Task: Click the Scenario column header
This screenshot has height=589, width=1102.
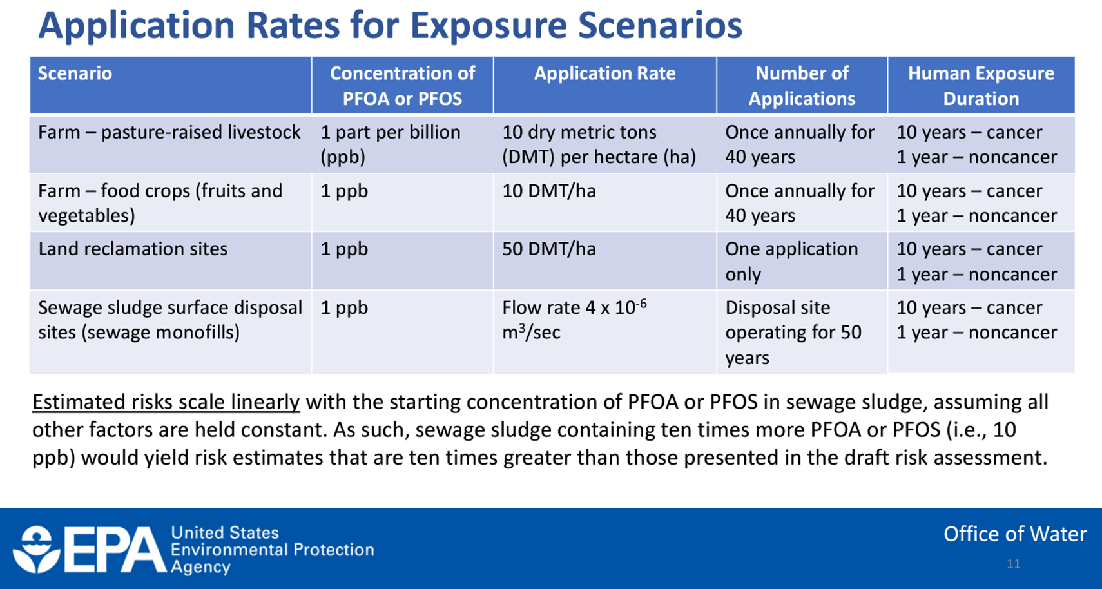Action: click(75, 73)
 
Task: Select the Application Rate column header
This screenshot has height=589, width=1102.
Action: click(604, 73)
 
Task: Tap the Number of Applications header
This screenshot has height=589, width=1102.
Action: click(802, 86)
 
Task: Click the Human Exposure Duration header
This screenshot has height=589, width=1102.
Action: click(981, 86)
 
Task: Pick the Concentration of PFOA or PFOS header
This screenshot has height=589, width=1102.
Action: click(402, 86)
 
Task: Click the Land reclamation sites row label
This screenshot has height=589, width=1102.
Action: click(133, 249)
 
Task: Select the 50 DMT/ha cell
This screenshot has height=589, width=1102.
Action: click(548, 249)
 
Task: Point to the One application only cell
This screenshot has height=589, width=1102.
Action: click(791, 261)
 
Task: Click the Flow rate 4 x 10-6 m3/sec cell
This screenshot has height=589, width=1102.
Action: click(574, 320)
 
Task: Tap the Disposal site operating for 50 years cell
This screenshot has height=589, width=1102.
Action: click(793, 333)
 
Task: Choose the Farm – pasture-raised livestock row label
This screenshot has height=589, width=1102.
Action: click(169, 132)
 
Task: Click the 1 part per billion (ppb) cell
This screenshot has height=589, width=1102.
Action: click(390, 144)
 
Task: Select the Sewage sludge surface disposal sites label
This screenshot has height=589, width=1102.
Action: click(169, 320)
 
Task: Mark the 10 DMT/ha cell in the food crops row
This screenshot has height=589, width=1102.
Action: click(548, 191)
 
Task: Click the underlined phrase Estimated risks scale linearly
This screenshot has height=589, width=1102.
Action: click(166, 402)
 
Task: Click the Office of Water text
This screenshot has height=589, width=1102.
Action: click(1014, 534)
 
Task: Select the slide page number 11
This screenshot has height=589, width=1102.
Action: click(1013, 565)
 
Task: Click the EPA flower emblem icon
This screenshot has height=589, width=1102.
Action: click(36, 550)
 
